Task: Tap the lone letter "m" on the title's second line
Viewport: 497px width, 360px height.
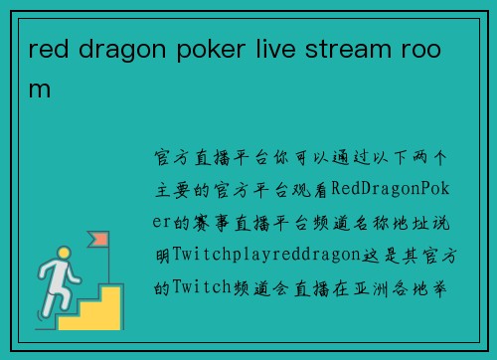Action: (x=39, y=89)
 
